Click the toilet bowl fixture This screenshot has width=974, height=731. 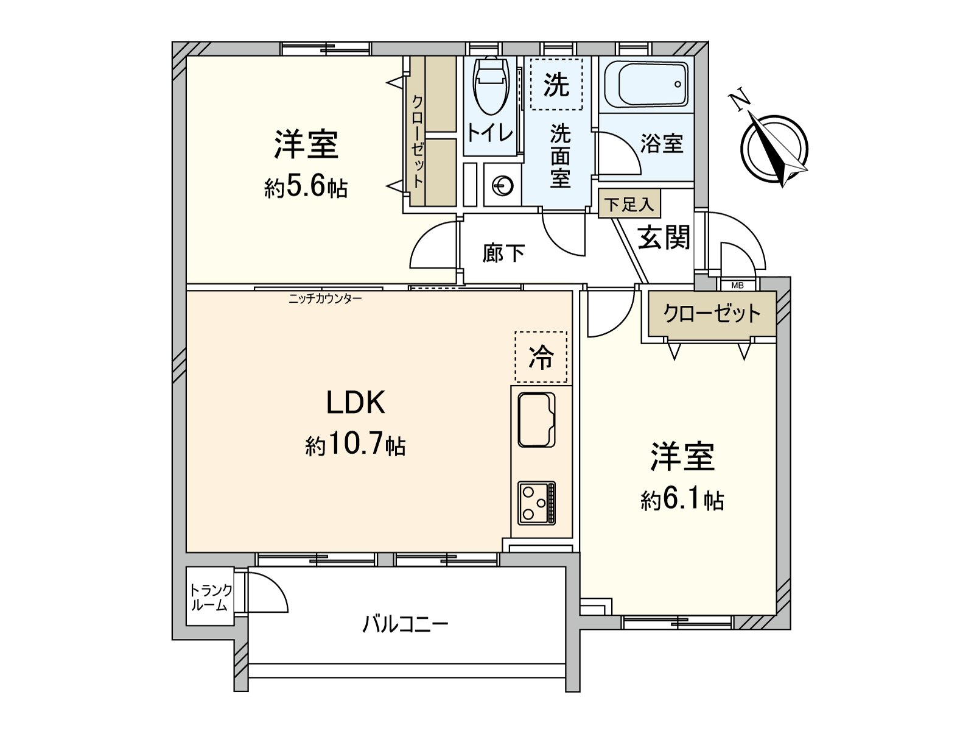491,85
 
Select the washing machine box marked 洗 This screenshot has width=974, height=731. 556,84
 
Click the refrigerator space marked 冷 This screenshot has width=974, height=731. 541,357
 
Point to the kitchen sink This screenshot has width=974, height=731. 536,420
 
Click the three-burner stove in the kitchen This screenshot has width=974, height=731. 536,503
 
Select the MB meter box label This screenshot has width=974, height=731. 737,285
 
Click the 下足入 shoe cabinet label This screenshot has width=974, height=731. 629,205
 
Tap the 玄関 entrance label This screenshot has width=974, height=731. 664,237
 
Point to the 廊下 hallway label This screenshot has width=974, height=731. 503,253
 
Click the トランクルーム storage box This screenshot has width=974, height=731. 210,597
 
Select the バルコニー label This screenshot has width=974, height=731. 405,624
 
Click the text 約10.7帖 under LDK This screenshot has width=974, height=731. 356,445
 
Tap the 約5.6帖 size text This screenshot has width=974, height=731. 306,188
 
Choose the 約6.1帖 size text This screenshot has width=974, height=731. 682,501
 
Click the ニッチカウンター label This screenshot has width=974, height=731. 325,298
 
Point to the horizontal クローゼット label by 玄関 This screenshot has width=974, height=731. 712,314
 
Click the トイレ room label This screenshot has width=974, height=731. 489,132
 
